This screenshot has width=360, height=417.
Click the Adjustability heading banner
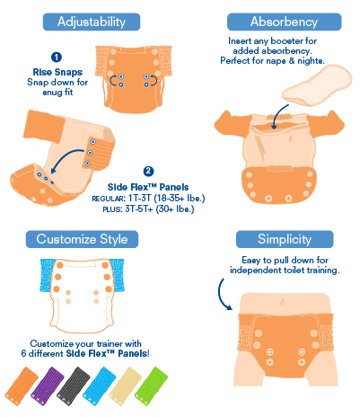click(x=92, y=22)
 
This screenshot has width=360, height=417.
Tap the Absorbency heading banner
click(x=284, y=22)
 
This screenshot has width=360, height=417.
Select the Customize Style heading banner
click(x=82, y=239)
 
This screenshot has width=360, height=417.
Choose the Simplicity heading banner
click(x=285, y=239)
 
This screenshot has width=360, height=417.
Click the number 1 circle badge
click(x=57, y=57)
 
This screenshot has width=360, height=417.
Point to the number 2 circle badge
click(x=148, y=171)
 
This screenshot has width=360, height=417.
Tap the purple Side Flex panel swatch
click(x=48, y=386)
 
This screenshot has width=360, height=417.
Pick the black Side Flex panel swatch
click(x=73, y=386)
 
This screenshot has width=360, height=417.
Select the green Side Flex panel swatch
click(x=151, y=386)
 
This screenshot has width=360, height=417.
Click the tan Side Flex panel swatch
click(x=125, y=386)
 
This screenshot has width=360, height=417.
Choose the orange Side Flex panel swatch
click(x=22, y=386)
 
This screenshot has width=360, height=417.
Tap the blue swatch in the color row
click(x=99, y=386)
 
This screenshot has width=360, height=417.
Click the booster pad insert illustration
click(x=317, y=85)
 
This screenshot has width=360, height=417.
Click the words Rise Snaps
click(x=57, y=72)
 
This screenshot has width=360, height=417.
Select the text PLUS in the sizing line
click(x=112, y=209)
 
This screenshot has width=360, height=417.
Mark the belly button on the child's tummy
click(x=282, y=301)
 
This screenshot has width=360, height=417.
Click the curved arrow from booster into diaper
click(x=277, y=116)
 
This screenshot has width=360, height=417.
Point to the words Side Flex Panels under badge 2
click(x=148, y=187)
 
